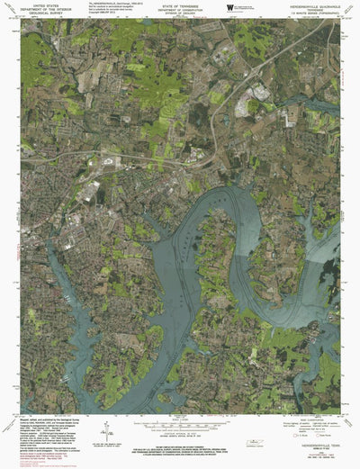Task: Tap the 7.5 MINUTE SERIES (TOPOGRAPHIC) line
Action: click(x=310, y=14)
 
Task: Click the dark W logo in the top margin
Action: click(x=231, y=7)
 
